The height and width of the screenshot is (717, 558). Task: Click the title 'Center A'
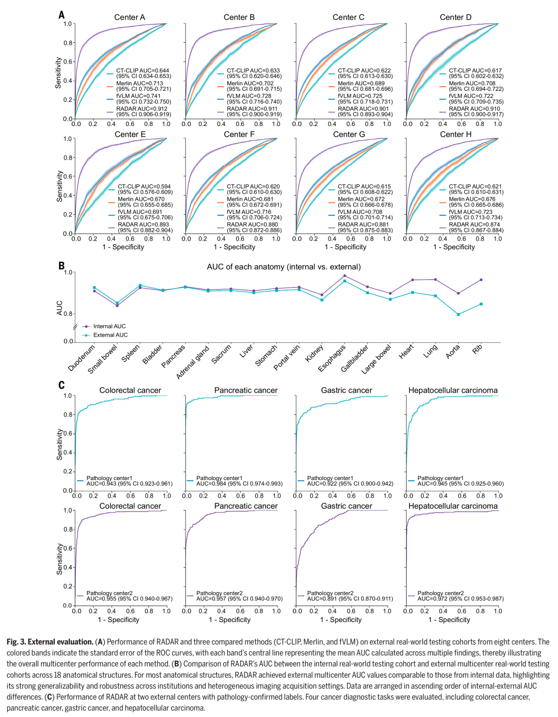click(130, 17)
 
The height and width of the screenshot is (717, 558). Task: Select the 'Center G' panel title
click(349, 134)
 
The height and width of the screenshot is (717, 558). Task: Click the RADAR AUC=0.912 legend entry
click(143, 111)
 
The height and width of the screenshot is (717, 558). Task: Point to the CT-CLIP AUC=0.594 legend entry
click(145, 189)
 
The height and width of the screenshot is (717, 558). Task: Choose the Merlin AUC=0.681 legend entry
click(254, 202)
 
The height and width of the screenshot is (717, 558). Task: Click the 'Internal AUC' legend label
click(110, 326)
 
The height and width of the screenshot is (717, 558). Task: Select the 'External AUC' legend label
click(110, 335)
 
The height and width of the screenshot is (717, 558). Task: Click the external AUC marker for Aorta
click(458, 314)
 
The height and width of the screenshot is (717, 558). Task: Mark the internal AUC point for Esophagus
click(345, 276)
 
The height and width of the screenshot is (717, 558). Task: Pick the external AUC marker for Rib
click(481, 304)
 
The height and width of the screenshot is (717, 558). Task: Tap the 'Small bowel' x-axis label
click(102, 359)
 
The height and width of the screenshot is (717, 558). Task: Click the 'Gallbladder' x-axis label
click(354, 358)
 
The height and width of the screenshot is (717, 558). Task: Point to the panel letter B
click(61, 266)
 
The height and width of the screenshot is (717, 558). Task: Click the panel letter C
click(61, 385)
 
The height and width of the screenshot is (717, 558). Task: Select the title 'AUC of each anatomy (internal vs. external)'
click(284, 266)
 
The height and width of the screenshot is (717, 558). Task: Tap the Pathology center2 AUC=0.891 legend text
click(350, 596)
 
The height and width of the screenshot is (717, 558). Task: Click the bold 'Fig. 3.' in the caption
click(16, 642)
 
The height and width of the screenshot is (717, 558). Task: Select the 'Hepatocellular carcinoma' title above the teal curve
click(453, 390)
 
